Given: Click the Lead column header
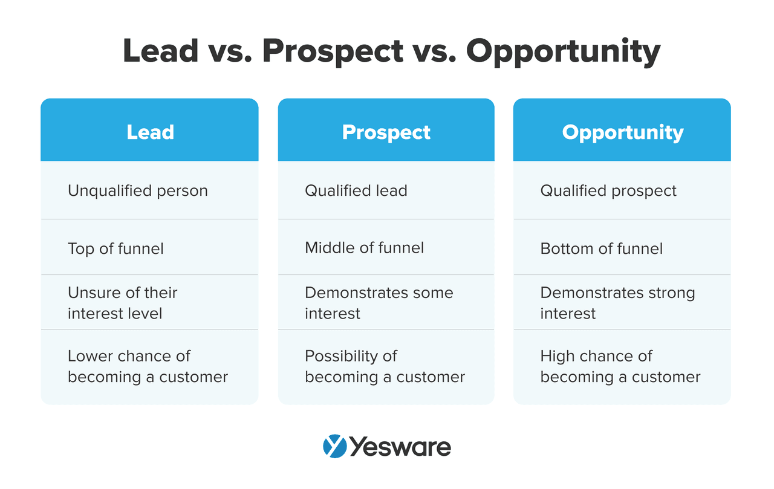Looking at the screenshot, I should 150,132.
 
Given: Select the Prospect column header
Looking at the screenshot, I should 386,132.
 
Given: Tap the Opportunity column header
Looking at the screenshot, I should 622,132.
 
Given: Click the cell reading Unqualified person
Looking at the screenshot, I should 138,191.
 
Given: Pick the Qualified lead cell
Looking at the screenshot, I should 356,191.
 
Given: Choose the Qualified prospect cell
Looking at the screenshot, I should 608,191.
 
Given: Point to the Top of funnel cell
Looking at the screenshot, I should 115,248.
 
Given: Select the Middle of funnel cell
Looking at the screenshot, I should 364,248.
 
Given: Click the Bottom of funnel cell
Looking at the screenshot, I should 601,248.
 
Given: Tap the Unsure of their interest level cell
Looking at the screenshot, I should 122,303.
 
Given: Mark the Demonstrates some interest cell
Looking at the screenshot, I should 379,303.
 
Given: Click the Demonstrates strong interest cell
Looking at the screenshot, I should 617,303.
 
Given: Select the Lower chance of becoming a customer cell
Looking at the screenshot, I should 148,366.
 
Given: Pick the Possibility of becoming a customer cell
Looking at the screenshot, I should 385,366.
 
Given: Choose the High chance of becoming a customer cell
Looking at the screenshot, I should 620,366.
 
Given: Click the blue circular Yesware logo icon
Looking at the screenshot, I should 334,447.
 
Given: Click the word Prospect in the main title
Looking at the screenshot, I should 333,51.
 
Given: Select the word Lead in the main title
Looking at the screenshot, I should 161,51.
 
